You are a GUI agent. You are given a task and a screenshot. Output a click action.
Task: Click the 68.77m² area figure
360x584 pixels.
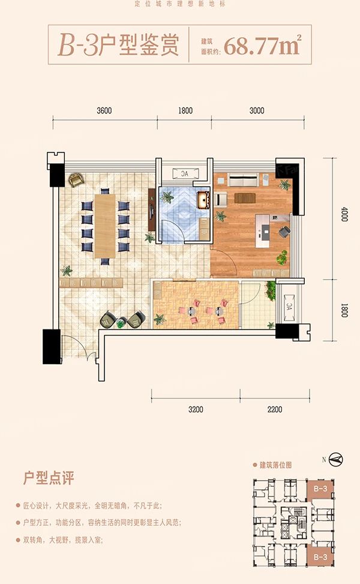coord(262,46)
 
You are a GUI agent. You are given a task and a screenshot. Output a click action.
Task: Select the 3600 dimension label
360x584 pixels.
coord(104,110)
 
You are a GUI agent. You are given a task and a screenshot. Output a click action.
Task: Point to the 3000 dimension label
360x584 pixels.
coord(257,110)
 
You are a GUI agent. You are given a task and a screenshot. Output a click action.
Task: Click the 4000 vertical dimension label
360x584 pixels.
coord(344,215)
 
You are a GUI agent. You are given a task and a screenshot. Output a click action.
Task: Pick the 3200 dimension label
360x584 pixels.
coord(196,411)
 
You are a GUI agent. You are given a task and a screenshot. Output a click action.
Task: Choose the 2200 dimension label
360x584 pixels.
coord(274,411)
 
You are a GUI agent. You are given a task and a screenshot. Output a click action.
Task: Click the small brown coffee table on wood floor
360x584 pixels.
coord(244,197)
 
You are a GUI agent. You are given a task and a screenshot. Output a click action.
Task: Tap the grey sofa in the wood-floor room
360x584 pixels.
coord(243,179)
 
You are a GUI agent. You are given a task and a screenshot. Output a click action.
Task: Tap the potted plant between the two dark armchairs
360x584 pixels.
coord(121,324)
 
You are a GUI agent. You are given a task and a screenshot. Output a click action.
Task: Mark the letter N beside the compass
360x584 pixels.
coord(324,460)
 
